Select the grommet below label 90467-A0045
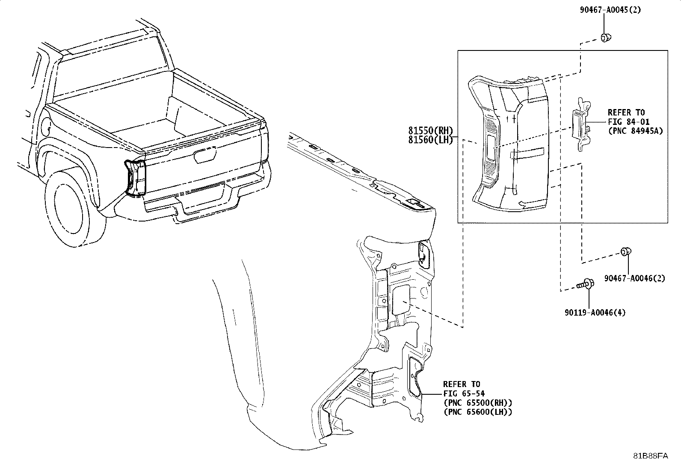coord(605,38)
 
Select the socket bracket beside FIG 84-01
coord(580,124)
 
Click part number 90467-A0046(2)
coord(634,278)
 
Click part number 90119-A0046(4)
coord(594,313)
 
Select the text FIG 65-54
coord(464,393)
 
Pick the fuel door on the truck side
coord(47,125)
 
